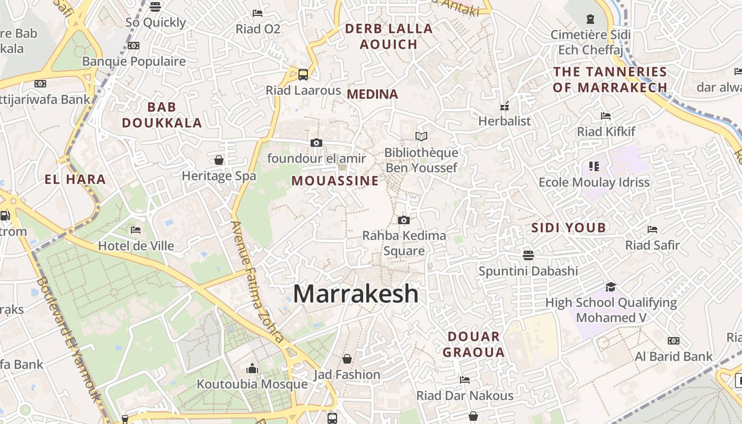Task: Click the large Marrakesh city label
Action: pos(356,294)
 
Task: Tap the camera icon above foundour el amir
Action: pos(316,143)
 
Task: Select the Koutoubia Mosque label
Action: pos(252,384)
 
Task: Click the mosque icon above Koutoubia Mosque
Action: pos(252,368)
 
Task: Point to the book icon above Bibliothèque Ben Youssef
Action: pos(421,137)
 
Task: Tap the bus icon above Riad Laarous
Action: pos(303,75)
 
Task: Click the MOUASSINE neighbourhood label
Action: pos(335,181)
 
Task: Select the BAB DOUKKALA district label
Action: pos(162,115)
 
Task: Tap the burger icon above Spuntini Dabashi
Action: pos(528,255)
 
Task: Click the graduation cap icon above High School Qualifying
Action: pos(611,287)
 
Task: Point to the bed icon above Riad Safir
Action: pos(652,229)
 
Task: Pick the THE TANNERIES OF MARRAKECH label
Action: pos(610,79)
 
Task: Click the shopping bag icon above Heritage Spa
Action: pos(219,160)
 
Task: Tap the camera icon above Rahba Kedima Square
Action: pos(404,220)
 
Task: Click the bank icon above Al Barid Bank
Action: pos(674,341)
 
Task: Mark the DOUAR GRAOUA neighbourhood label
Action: pos(473,344)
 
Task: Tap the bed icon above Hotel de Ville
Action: pos(136,230)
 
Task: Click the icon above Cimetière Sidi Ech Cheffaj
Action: pos(590,20)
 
